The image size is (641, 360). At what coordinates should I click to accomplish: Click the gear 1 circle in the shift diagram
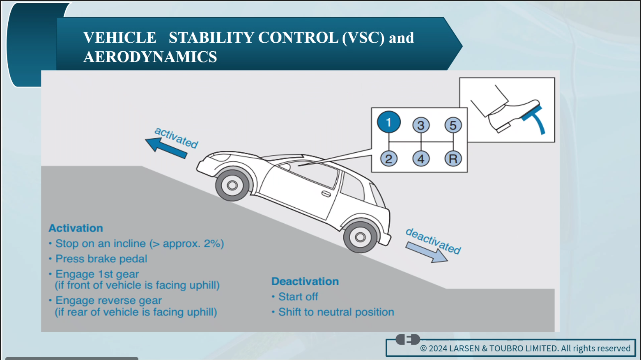click(388, 122)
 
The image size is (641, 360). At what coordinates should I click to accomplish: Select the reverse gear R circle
click(453, 159)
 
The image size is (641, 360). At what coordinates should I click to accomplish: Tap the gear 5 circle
click(453, 125)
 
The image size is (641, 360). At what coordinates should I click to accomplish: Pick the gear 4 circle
click(421, 159)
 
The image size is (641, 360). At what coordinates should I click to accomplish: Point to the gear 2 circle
click(388, 159)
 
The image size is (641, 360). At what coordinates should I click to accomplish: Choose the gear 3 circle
click(421, 125)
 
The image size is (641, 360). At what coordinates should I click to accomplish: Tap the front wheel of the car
click(232, 186)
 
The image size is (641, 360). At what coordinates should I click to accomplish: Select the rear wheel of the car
click(360, 237)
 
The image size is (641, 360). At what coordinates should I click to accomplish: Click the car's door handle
click(326, 194)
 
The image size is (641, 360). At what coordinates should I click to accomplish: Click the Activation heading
click(76, 228)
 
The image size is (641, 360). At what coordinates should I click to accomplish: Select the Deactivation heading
click(305, 282)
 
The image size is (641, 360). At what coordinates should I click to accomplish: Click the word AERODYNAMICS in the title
click(150, 57)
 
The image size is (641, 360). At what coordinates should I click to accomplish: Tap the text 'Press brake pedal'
click(101, 259)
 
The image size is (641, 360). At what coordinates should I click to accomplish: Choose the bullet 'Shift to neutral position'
click(336, 312)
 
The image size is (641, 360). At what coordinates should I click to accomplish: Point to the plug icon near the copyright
click(408, 339)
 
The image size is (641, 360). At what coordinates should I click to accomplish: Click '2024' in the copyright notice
click(438, 349)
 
